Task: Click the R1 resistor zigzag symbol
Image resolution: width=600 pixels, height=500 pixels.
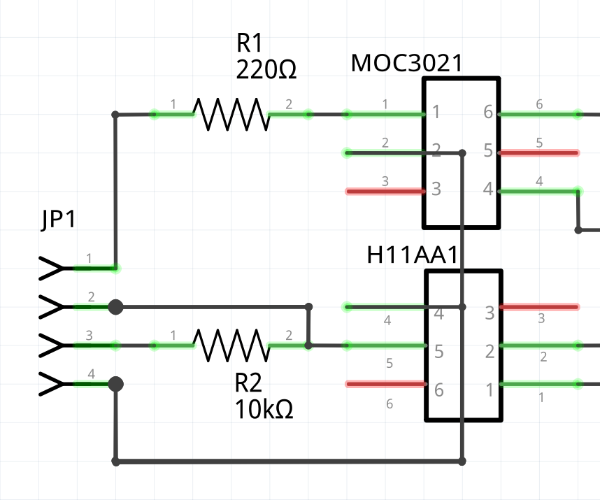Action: [231, 114]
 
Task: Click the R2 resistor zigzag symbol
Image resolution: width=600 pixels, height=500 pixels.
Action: [231, 345]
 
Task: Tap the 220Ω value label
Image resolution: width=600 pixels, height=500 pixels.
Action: [266, 70]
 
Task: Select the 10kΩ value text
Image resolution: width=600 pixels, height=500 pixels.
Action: [264, 408]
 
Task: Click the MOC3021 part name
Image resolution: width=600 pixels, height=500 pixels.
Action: [406, 64]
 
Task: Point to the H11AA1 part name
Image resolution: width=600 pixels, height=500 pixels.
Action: [413, 255]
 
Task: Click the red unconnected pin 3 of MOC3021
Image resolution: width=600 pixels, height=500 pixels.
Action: [385, 191]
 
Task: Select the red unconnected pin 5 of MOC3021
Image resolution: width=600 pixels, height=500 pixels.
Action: [538, 152]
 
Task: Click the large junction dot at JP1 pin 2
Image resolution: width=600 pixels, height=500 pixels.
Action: [116, 306]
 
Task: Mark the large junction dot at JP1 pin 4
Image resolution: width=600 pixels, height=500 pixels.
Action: [116, 384]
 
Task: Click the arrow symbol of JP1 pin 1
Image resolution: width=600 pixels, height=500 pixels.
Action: [52, 268]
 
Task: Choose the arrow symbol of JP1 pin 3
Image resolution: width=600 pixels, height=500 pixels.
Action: [52, 345]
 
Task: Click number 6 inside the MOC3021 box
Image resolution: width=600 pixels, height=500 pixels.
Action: [487, 113]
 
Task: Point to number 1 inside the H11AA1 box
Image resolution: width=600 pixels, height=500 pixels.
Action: [490, 390]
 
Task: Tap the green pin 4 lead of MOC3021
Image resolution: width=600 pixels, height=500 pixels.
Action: [538, 191]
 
